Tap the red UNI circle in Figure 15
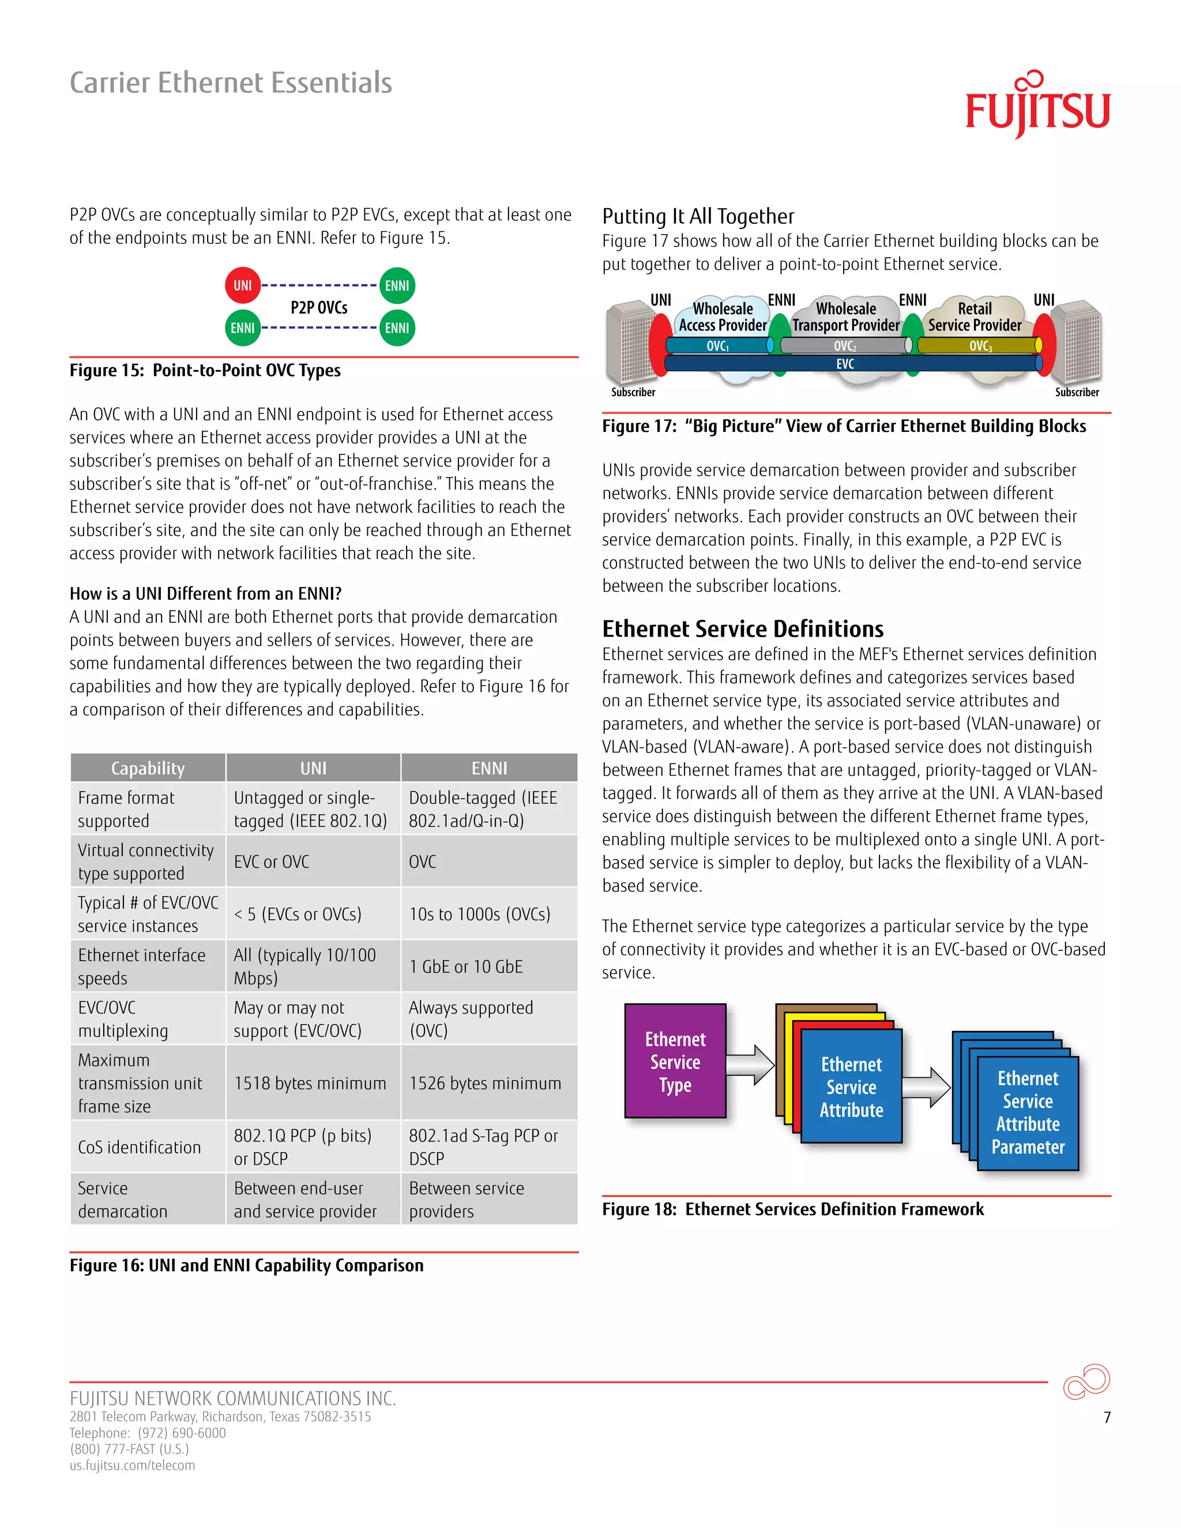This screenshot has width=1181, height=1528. [x=243, y=285]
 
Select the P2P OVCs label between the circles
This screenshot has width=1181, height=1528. [x=319, y=308]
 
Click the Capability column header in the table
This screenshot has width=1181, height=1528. [x=148, y=768]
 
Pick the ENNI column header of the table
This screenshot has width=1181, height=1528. [x=489, y=768]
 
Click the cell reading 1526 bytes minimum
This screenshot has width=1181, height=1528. [x=485, y=1083]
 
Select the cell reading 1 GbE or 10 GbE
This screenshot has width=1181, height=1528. [x=466, y=966]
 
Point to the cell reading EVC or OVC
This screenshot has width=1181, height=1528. [x=272, y=861]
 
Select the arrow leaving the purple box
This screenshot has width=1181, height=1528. [x=750, y=1065]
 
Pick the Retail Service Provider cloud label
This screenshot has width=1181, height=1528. [x=974, y=317]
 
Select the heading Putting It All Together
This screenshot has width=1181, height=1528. [x=698, y=216]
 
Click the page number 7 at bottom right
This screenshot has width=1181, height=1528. [x=1107, y=1417]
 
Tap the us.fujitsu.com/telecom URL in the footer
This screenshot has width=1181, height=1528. [x=132, y=1465]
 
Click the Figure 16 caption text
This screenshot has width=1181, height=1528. [x=246, y=1265]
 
